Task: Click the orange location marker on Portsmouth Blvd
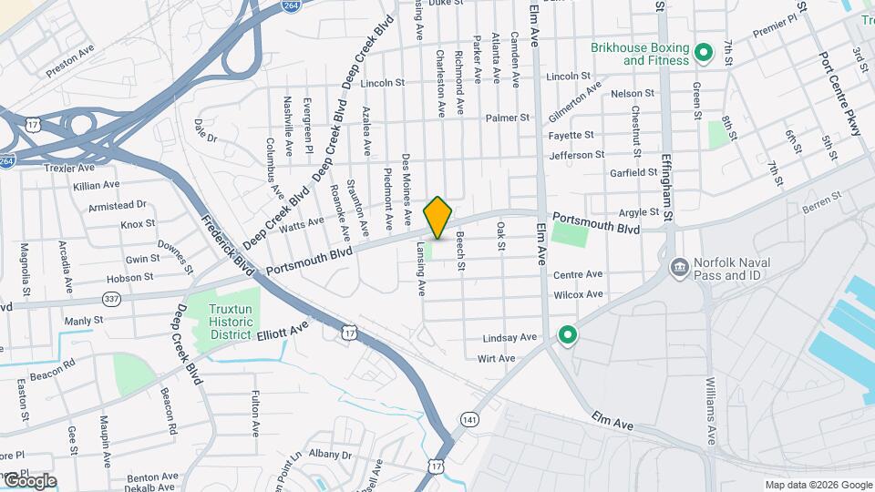pos(438,217)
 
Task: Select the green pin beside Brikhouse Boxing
pos(703,53)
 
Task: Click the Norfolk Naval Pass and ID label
pos(732,269)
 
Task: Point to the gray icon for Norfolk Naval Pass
pos(679,268)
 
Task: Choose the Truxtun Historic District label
pos(229,322)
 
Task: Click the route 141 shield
pos(468,418)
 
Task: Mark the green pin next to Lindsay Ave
pos(568,336)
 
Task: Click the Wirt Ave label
pos(496,358)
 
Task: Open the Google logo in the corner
pos(29,481)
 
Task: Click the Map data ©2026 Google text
pos(818,485)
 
